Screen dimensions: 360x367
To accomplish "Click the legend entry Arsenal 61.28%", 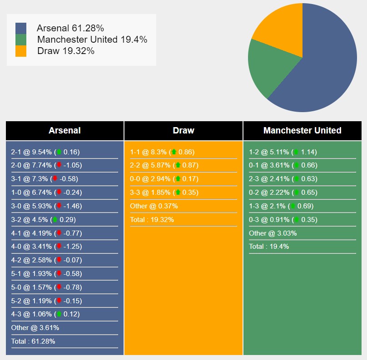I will coord(70,28).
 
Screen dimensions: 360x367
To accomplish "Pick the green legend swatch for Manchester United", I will coord(21,39).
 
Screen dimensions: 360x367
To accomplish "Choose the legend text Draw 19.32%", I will coord(66,51).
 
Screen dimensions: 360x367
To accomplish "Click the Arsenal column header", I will coord(64,131).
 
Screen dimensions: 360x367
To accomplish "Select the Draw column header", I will coord(183,131).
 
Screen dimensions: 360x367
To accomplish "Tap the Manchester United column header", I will coord(303,131).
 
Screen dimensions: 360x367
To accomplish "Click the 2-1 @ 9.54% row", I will coord(45,152).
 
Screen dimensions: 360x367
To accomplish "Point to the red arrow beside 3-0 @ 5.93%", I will coord(59,206).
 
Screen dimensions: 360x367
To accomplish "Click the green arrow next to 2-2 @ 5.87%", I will coord(178,165).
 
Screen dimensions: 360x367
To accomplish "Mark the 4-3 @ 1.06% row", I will coord(45,314).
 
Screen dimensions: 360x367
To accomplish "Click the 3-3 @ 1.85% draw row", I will coord(164,192).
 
